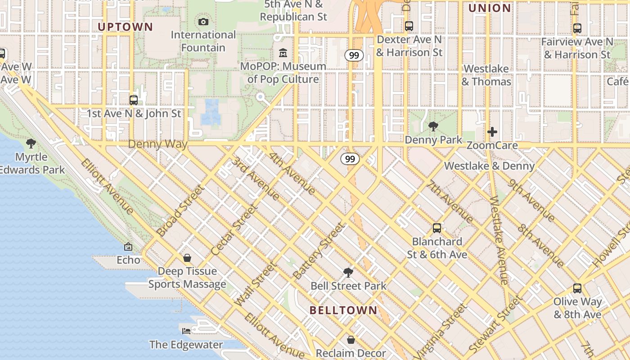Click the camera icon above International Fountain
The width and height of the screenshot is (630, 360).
203,22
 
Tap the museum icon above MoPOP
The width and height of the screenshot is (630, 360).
283,53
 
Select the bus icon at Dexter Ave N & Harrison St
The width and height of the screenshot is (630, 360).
409,26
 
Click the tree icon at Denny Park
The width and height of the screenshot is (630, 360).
433,126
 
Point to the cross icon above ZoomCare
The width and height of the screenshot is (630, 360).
492,132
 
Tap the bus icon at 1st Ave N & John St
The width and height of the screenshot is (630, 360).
133,100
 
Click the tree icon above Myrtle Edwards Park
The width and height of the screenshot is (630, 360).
31,144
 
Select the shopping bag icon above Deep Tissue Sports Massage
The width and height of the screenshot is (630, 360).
187,258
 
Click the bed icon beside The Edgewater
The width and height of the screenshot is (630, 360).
186,331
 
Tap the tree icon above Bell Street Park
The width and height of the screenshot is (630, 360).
348,272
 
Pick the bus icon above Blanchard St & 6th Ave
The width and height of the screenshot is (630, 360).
436,228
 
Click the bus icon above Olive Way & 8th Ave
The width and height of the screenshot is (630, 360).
577,288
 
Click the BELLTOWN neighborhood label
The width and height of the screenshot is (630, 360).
343,310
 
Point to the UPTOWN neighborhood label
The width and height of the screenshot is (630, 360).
126,27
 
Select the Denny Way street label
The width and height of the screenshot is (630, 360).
157,144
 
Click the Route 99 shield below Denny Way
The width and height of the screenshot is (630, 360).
350,159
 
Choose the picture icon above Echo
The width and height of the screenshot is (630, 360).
128,247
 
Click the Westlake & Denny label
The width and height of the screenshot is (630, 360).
489,166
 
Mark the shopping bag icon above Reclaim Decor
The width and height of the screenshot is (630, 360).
351,340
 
